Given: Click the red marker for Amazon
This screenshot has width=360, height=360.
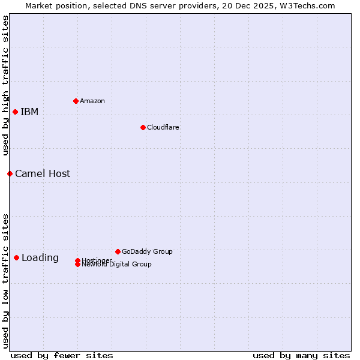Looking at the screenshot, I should (x=76, y=101).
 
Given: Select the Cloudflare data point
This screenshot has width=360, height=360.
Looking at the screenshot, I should (x=143, y=127).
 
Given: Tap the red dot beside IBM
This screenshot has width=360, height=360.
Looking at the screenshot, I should (x=15, y=112).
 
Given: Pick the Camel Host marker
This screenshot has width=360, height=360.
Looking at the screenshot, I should (x=10, y=173).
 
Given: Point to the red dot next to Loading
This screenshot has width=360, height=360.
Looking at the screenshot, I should (x=16, y=257).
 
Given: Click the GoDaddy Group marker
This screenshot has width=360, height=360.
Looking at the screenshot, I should (x=118, y=251).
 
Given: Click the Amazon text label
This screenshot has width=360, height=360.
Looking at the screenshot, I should (x=92, y=101).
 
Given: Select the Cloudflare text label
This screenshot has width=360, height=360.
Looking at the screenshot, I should (x=163, y=127).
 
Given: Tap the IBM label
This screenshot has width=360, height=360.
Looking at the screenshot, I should (x=29, y=112).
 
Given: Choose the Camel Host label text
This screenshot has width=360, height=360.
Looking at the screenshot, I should (x=43, y=173).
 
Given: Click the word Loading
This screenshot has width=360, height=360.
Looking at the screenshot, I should (x=40, y=257).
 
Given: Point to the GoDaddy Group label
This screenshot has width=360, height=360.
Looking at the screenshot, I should (x=147, y=251).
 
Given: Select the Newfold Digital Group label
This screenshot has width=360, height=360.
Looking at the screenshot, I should (x=117, y=265).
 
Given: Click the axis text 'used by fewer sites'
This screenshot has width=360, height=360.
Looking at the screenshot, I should (x=62, y=355).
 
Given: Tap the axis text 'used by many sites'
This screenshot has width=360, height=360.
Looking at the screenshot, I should (x=301, y=355).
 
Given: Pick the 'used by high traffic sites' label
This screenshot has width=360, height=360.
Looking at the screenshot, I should (x=5, y=85).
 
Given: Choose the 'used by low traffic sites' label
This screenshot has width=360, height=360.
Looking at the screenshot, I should (x=5, y=280).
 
